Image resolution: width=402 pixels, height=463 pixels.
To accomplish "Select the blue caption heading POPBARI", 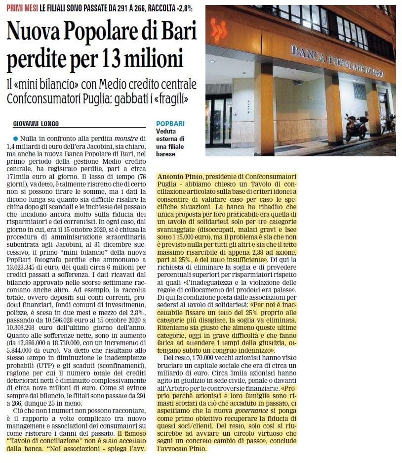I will (170, 124).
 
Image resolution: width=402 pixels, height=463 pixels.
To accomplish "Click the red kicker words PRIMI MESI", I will (22, 8).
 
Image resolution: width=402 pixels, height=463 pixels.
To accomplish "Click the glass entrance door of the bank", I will (218, 121).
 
